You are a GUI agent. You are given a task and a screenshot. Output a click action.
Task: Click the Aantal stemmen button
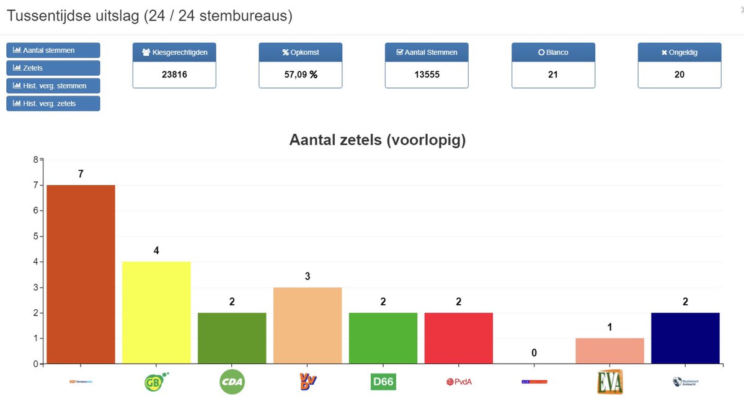pyautogui.click(x=53, y=50)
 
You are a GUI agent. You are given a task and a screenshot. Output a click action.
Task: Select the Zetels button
pyautogui.click(x=53, y=68)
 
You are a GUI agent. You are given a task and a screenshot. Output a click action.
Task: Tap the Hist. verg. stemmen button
pyautogui.click(x=53, y=86)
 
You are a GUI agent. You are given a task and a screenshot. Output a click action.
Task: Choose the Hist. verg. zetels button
pyautogui.click(x=53, y=103)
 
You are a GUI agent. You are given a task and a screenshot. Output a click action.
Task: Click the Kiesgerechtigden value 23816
pyautogui.click(x=174, y=74)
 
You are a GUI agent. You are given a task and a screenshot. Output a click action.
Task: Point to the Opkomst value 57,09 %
pyautogui.click(x=301, y=74)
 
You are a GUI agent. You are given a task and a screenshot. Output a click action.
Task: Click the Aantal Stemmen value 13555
pyautogui.click(x=427, y=74)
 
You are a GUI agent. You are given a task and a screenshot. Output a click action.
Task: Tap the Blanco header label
pyautogui.click(x=553, y=53)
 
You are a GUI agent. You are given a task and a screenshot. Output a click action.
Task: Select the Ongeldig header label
pyautogui.click(x=680, y=53)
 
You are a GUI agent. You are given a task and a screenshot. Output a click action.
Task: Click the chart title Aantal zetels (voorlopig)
pyautogui.click(x=378, y=140)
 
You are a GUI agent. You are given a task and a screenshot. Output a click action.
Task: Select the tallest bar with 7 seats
pyautogui.click(x=81, y=274)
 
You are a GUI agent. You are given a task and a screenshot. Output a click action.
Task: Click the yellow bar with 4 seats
pyautogui.click(x=156, y=312)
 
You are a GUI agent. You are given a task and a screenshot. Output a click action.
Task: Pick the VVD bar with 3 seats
pyautogui.click(x=308, y=325)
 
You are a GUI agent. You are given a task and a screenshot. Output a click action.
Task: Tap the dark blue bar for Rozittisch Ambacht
pyautogui.click(x=685, y=338)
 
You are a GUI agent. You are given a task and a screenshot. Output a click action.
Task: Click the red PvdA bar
pyautogui.click(x=459, y=338)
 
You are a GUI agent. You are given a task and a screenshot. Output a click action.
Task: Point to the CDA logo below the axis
pyautogui.click(x=232, y=382)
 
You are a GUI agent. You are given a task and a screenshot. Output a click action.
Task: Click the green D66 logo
pyautogui.click(x=383, y=382)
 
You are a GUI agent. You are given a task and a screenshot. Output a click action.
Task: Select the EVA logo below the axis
pyautogui.click(x=610, y=382)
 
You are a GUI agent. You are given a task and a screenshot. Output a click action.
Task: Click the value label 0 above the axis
pyautogui.click(x=534, y=353)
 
